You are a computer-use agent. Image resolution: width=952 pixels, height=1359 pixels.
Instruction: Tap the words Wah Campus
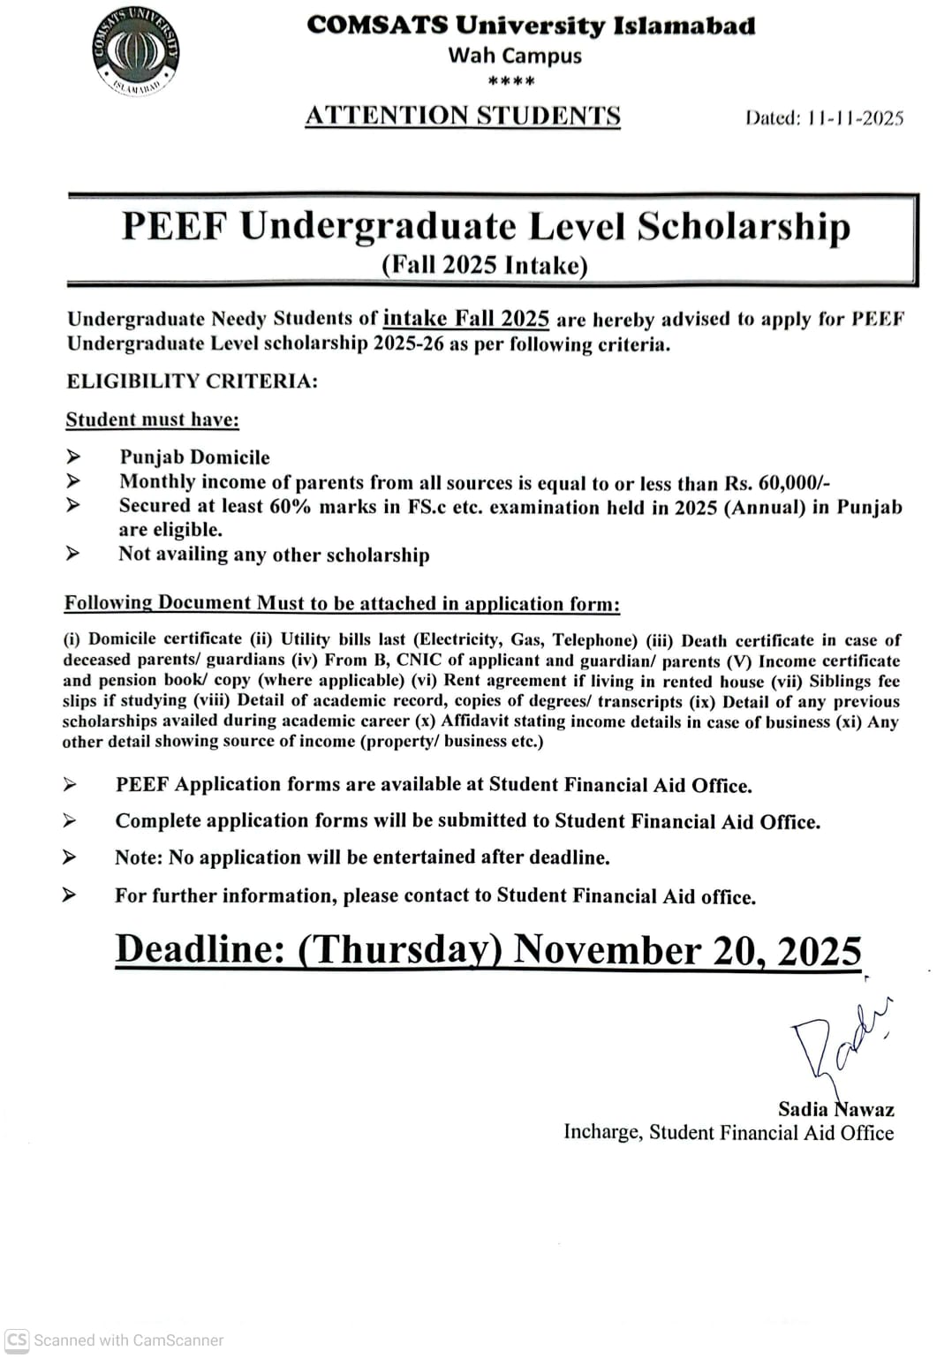pyautogui.click(x=515, y=56)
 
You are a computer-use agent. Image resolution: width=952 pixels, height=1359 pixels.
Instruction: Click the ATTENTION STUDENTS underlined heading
pyautogui.click(x=463, y=116)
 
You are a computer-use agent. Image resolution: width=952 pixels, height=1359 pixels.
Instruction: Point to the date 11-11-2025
pyautogui.click(x=855, y=118)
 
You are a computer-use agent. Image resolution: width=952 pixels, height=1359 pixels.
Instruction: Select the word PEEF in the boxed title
pyautogui.click(x=174, y=226)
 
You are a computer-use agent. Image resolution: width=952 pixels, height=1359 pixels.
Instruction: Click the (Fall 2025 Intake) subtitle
pyautogui.click(x=484, y=265)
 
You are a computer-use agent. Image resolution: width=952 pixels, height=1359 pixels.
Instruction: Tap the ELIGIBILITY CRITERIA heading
pyautogui.click(x=192, y=381)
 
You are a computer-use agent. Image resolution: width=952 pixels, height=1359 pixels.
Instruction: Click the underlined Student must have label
pyautogui.click(x=152, y=419)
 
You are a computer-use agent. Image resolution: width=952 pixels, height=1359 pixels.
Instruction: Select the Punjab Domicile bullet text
pyautogui.click(x=194, y=457)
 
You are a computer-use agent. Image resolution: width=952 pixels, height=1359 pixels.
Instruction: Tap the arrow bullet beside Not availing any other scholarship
pyautogui.click(x=72, y=554)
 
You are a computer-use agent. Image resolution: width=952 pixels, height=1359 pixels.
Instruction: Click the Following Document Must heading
pyautogui.click(x=342, y=603)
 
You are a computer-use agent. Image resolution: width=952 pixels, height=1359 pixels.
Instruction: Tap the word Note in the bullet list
pyautogui.click(x=138, y=857)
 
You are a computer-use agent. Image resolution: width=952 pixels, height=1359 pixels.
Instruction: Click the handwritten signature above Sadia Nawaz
pyautogui.click(x=839, y=1042)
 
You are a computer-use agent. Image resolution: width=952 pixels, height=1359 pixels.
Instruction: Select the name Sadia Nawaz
pyautogui.click(x=835, y=1109)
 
